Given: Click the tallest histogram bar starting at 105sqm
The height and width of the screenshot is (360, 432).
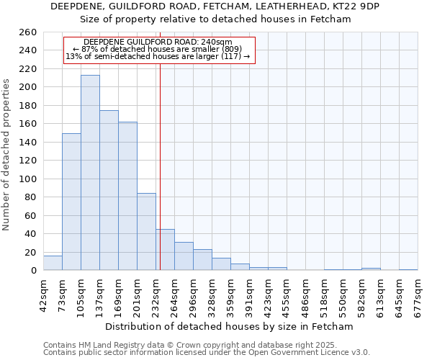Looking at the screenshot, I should pyautogui.click(x=90, y=173).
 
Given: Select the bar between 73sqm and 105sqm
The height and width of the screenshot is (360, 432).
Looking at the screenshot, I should pyautogui.click(x=71, y=202).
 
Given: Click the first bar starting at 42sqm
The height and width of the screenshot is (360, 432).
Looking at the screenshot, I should pyautogui.click(x=53, y=264).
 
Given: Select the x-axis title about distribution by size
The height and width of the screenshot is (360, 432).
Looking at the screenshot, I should pyautogui.click(x=229, y=326).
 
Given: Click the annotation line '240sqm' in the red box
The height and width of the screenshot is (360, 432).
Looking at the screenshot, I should pyautogui.click(x=158, y=42).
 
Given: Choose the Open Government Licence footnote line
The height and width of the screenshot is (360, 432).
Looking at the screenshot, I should pyautogui.click(x=207, y=352).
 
